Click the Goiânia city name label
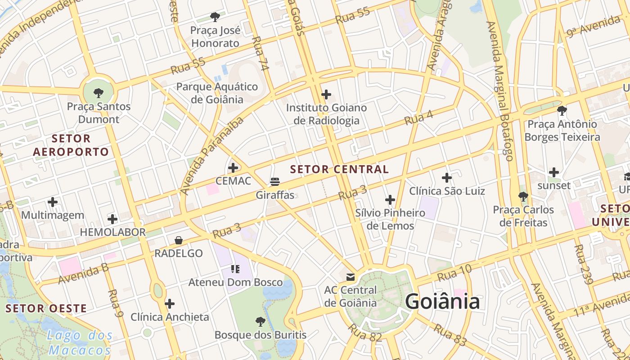tap(442, 301)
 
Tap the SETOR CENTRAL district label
tap(339, 170)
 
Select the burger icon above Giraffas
tap(275, 182)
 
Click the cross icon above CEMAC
tap(233, 168)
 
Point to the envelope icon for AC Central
tap(351, 277)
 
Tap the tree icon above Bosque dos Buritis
tap(260, 322)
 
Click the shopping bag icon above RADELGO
tap(179, 240)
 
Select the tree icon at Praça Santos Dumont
tap(99, 94)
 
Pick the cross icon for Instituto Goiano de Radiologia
tap(326, 94)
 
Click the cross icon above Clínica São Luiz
tap(446, 178)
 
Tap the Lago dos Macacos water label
tap(80, 342)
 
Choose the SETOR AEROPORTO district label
tap(71, 145)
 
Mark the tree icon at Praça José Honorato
tap(215, 17)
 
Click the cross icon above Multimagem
tap(53, 202)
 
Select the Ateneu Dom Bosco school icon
tap(235, 269)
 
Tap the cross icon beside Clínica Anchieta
tap(170, 304)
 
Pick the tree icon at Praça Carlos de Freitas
tap(523, 197)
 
